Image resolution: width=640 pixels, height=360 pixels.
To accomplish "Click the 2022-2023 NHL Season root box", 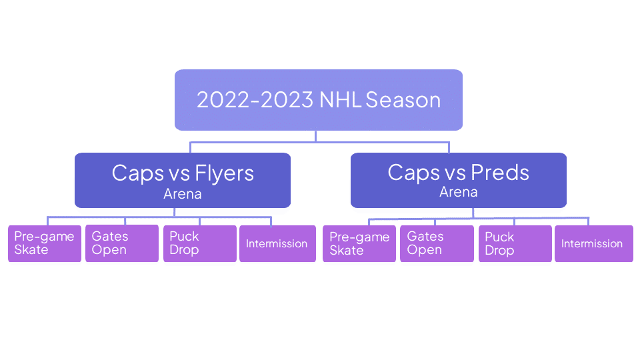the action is tap(319, 100).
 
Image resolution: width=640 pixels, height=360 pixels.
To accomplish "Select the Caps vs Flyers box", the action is tap(183, 181).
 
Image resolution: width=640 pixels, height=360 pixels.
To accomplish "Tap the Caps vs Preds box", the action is tap(459, 181).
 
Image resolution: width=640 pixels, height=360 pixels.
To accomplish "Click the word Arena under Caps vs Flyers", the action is tap(183, 194).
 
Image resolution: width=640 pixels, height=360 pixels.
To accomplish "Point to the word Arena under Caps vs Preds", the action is tap(459, 192).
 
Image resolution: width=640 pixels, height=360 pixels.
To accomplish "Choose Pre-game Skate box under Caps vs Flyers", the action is tap(45, 243).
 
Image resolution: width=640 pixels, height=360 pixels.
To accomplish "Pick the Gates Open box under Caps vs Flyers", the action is tap(122, 243).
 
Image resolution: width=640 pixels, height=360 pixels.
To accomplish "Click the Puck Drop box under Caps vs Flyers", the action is tap(200, 243).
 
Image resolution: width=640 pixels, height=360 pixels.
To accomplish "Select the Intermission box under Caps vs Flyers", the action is tap(277, 243).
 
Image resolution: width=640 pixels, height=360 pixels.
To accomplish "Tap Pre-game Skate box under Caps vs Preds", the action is tap(359, 243).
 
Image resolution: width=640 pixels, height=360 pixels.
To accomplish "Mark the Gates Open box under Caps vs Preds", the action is tap(437, 243).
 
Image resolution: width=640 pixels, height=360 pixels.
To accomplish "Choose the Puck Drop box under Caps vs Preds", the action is tap(515, 243).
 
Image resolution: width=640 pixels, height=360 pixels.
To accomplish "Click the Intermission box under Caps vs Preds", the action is tap(594, 243).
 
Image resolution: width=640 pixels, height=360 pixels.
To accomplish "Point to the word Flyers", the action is tap(225, 173).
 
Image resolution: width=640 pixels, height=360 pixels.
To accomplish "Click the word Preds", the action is tap(500, 172).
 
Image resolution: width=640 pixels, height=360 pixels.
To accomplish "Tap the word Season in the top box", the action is tap(403, 100).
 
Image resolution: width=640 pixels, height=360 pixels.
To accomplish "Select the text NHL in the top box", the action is tap(340, 100).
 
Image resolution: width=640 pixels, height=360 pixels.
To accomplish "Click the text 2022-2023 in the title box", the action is tap(255, 100).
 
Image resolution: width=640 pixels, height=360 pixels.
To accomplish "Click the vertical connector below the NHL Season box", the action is tap(315, 136).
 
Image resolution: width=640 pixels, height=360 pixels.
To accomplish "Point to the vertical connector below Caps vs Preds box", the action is tap(473, 213).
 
